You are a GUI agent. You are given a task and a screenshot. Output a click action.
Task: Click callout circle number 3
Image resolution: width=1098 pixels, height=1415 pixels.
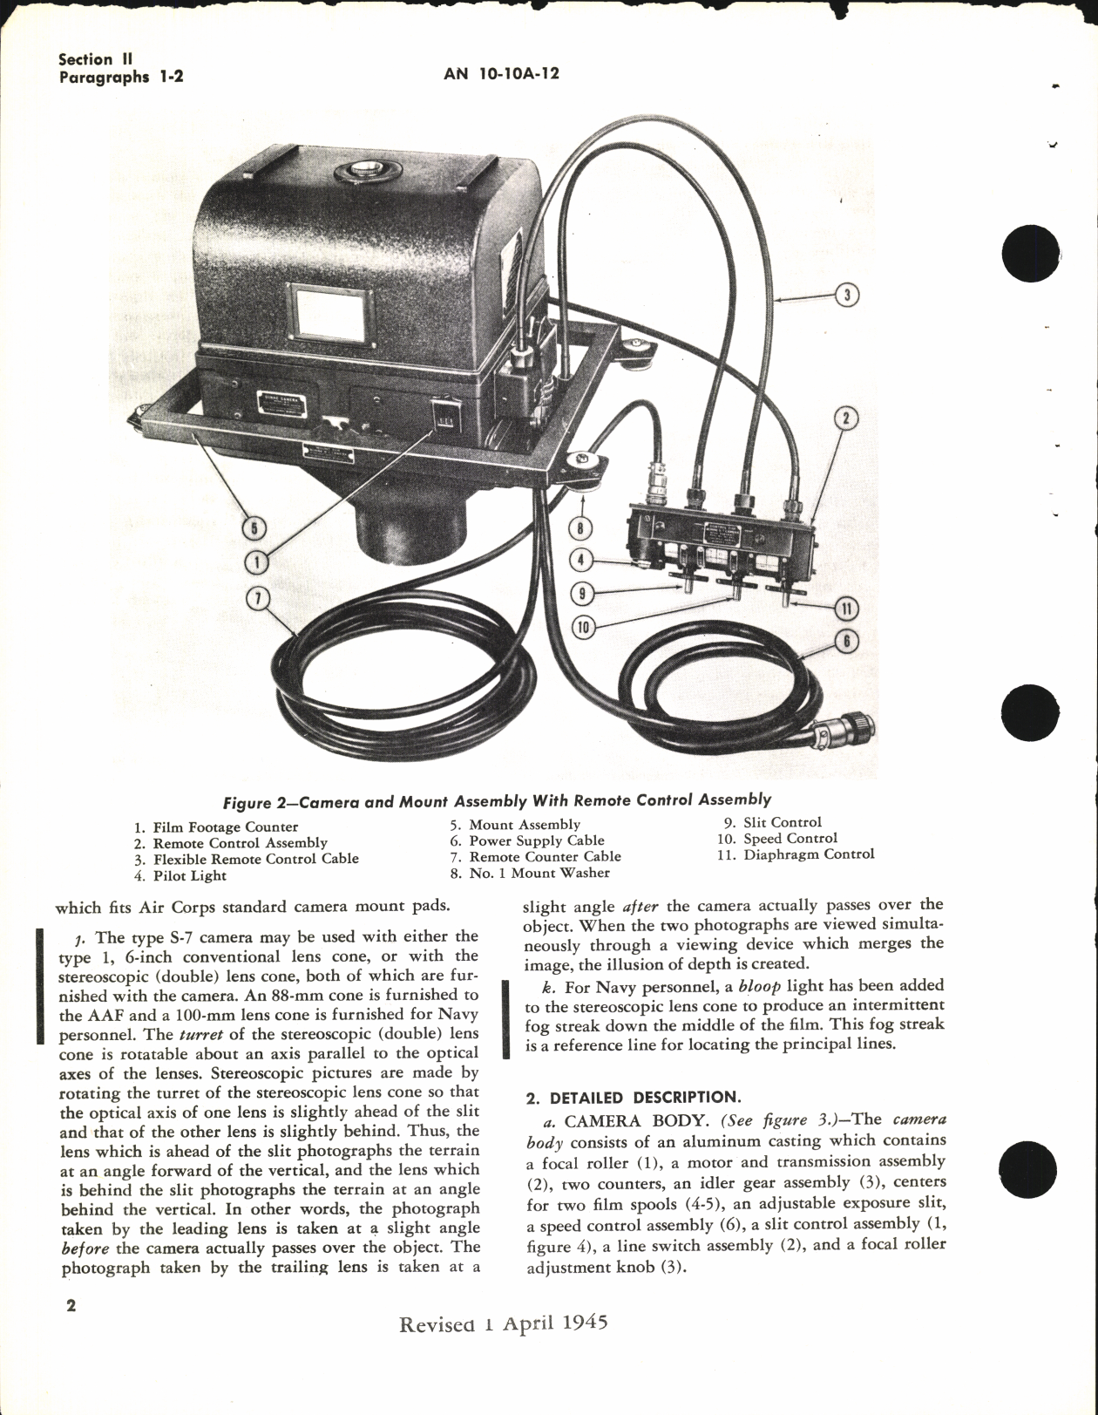point(845,295)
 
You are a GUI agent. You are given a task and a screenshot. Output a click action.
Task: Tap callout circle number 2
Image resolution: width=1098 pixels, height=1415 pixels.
point(844,419)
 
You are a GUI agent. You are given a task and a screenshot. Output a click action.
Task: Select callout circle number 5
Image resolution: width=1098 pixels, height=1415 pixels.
point(254,528)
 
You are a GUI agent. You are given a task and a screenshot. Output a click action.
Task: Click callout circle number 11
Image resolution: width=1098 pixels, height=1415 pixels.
point(847,609)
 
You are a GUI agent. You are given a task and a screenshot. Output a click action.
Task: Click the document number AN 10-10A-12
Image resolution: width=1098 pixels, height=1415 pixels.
point(501,74)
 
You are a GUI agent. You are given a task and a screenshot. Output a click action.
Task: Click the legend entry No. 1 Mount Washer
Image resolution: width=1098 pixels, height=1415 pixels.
point(530,872)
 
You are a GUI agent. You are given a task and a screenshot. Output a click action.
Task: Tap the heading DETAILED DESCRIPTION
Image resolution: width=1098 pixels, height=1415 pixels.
point(632,1098)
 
